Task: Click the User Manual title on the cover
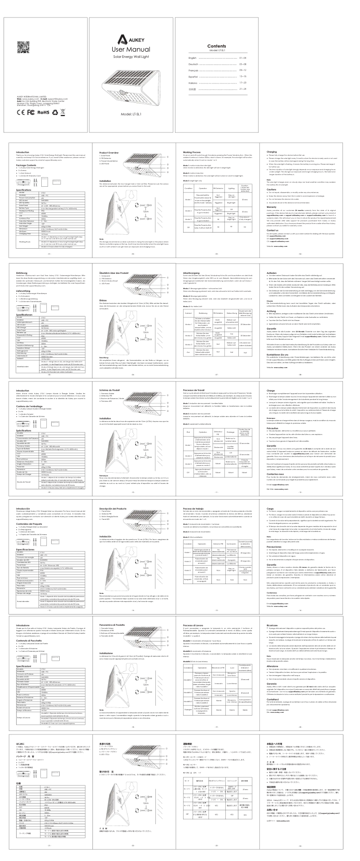pos(130,49)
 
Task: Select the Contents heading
pos(217,46)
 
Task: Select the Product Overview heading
pos(110,153)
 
